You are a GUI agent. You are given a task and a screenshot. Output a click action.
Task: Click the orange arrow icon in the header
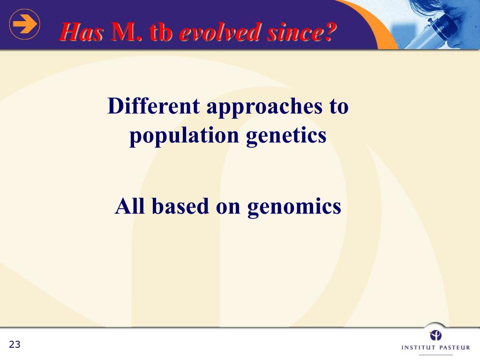(24, 24)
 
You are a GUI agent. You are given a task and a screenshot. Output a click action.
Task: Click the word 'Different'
(154, 106)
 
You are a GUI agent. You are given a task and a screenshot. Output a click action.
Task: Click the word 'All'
(130, 206)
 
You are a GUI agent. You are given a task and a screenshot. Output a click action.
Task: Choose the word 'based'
(180, 206)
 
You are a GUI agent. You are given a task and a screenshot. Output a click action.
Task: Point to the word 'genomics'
(294, 208)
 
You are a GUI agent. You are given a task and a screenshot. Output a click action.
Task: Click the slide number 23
(15, 345)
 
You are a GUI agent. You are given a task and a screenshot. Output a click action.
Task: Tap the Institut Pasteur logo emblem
(435, 335)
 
